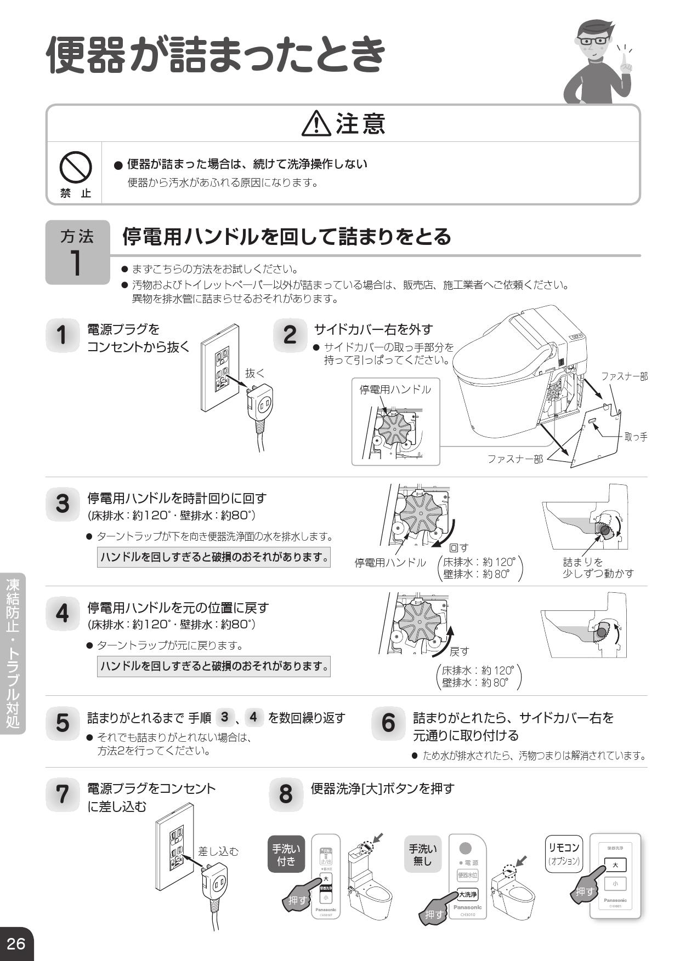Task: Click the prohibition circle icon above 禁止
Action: pyautogui.click(x=76, y=167)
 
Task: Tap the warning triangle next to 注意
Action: pyautogui.click(x=316, y=124)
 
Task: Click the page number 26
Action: pyautogui.click(x=16, y=943)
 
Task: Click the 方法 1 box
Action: pyautogui.click(x=77, y=253)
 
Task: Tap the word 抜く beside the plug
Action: pyautogui.click(x=255, y=373)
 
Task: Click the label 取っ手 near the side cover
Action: pyautogui.click(x=636, y=437)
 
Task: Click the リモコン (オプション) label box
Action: pyautogui.click(x=564, y=854)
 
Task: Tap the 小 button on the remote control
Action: pyautogui.click(x=615, y=884)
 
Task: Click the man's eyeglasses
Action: pyautogui.click(x=593, y=41)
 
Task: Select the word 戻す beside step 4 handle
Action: pyautogui.click(x=460, y=651)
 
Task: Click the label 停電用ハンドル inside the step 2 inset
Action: pyautogui.click(x=395, y=390)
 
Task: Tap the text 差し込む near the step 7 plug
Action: pyautogui.click(x=218, y=851)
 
